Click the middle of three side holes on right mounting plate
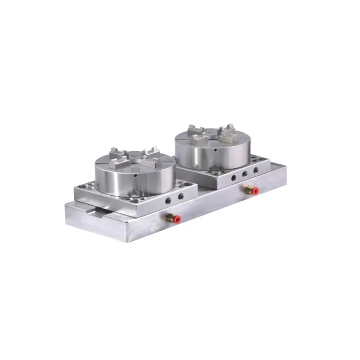(245, 174)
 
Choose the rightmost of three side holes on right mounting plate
(256, 170)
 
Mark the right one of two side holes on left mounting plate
(180, 196)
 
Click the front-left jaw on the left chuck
(118, 160)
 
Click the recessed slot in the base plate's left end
(90, 215)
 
